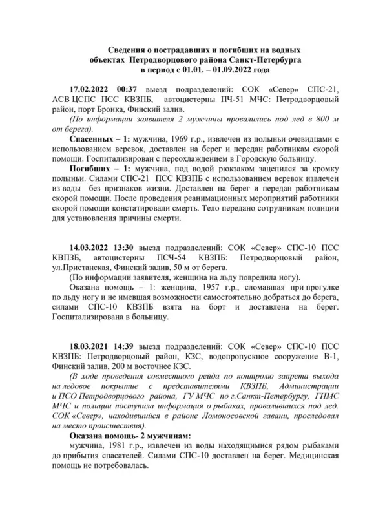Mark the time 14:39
coord(126,346)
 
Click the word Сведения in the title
coord(124,50)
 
